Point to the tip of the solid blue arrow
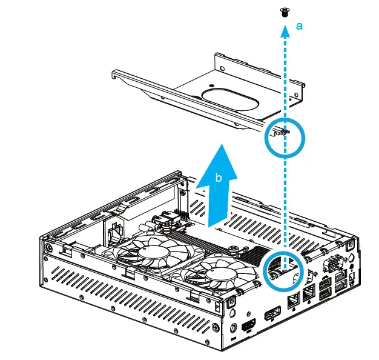click(219, 147)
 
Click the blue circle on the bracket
click(284, 138)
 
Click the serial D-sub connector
click(333, 264)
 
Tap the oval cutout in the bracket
click(228, 96)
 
